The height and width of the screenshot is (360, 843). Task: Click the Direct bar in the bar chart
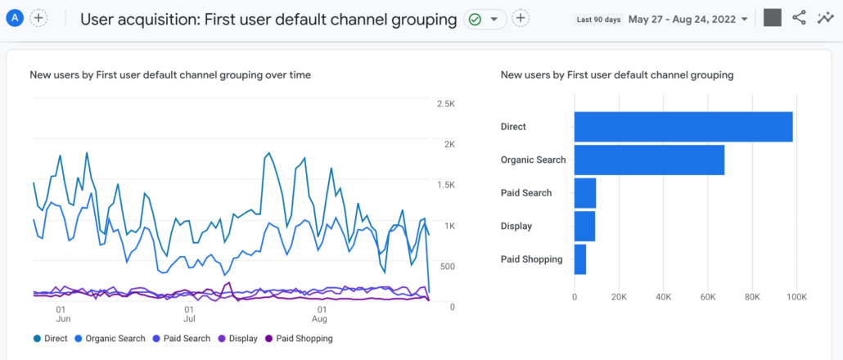pos(683,127)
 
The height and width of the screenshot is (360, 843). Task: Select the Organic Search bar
pos(649,160)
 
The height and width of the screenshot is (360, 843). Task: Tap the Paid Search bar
pos(585,193)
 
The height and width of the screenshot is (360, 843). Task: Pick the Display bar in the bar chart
pos(584,226)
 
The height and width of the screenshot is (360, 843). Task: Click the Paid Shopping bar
pos(580,259)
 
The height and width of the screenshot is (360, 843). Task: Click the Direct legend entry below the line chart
pos(50,339)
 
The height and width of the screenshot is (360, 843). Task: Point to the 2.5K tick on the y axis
pos(446,104)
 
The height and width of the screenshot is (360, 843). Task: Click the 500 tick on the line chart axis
pos(446,267)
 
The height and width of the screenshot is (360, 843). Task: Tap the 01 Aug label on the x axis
pos(322,315)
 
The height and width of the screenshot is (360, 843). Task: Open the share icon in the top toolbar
pos(800,18)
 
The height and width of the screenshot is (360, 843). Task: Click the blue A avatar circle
pos(15,18)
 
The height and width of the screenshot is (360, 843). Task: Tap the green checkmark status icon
pos(475,19)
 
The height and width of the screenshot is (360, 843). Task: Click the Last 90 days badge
pos(598,19)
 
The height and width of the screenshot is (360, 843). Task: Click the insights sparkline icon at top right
pos(826,18)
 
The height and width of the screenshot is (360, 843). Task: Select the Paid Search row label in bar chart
pos(525,193)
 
